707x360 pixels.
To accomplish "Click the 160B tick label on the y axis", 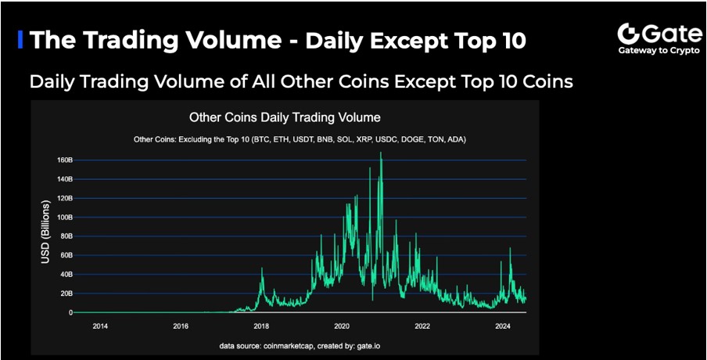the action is tap(63, 160).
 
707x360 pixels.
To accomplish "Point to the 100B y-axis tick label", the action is tap(63, 218).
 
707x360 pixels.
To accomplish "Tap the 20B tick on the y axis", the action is tap(64, 293).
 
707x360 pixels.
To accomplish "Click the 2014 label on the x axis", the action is tap(100, 326).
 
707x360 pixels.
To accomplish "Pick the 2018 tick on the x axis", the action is tap(261, 326).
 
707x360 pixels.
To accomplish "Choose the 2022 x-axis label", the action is tap(422, 326).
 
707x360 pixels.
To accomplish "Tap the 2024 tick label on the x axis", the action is tap(502, 326).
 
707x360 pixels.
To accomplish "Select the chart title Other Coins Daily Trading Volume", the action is tap(285, 117).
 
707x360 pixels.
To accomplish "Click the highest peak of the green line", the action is tap(381, 153).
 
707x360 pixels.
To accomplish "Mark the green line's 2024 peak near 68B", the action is tap(510, 247).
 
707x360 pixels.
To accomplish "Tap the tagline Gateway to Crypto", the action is tap(659, 51).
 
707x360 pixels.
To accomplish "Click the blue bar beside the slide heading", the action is tap(20, 39).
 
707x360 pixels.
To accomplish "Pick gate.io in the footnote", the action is tap(373, 346).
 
